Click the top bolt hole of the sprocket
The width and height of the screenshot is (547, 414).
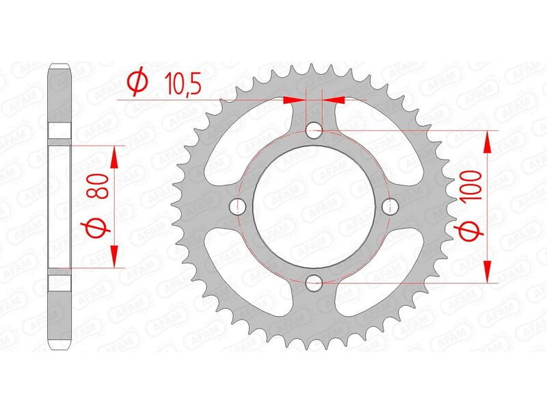pos(315,129)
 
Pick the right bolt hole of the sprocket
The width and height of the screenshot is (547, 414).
pos(391,205)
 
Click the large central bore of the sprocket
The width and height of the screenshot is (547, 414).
pos(315,205)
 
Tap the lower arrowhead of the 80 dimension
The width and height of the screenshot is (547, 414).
pos(114,255)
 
